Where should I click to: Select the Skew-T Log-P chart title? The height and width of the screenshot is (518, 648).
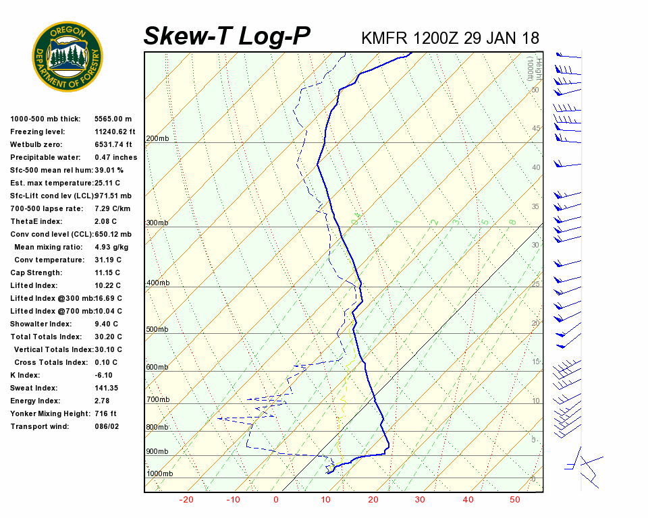point(227,36)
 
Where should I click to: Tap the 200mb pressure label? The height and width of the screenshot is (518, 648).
point(157,139)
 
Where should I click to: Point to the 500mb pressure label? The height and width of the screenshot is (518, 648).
point(157,330)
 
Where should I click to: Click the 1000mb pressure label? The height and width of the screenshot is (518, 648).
point(160,474)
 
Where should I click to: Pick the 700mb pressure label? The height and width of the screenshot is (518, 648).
point(157,400)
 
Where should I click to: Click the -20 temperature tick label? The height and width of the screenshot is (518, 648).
point(186,500)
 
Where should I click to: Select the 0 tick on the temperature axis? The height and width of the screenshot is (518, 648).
point(275,500)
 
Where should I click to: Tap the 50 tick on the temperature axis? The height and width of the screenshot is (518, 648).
point(514,500)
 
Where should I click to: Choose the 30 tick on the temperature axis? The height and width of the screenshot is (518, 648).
point(420,500)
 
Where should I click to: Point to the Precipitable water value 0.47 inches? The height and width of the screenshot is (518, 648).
point(115,157)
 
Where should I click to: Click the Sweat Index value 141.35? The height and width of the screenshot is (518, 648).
point(107,388)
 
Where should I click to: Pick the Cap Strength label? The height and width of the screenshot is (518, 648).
point(36,272)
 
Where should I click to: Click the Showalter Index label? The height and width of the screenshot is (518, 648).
point(41,324)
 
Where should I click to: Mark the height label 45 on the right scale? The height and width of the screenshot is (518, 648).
point(536,128)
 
